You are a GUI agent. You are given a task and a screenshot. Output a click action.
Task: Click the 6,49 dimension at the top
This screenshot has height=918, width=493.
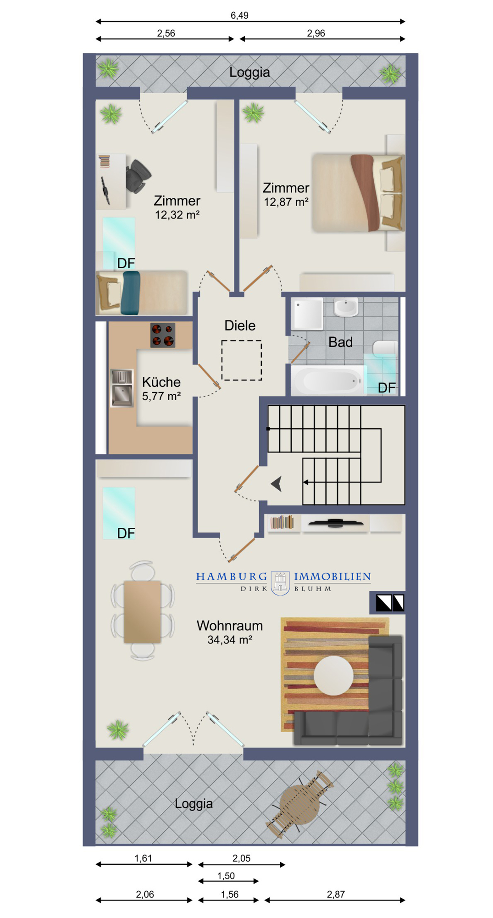point(239,16)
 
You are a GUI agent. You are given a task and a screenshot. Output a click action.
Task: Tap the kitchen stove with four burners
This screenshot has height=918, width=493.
point(163,335)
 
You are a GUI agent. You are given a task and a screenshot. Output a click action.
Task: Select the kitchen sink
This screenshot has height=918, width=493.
point(122,388)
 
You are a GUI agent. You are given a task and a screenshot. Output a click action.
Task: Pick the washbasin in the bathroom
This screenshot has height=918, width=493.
point(346,307)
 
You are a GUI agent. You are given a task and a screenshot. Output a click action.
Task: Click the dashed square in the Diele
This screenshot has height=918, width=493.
point(242,360)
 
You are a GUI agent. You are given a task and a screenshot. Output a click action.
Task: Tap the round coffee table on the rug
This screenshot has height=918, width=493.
point(333,675)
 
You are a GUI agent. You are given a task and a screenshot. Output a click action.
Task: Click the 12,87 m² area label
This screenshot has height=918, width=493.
point(286,202)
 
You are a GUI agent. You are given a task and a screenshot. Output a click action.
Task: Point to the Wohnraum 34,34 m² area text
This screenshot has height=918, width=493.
point(230,632)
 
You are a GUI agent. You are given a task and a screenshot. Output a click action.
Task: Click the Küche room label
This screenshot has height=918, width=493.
point(161,382)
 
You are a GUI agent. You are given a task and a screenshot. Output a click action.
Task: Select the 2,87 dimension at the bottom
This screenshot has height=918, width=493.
point(336,894)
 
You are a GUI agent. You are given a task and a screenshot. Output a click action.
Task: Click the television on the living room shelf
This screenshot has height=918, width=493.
point(335,522)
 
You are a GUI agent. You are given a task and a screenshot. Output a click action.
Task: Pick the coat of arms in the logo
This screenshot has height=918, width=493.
point(280,583)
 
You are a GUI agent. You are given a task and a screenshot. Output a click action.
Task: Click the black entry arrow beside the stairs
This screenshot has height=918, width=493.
point(277,484)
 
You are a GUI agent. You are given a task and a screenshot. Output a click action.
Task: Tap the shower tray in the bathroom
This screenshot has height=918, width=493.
point(308,314)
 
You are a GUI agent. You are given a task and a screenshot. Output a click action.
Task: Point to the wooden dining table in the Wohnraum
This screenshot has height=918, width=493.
point(143,611)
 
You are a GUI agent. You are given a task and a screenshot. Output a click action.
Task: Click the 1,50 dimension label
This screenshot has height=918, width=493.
point(226,876)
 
